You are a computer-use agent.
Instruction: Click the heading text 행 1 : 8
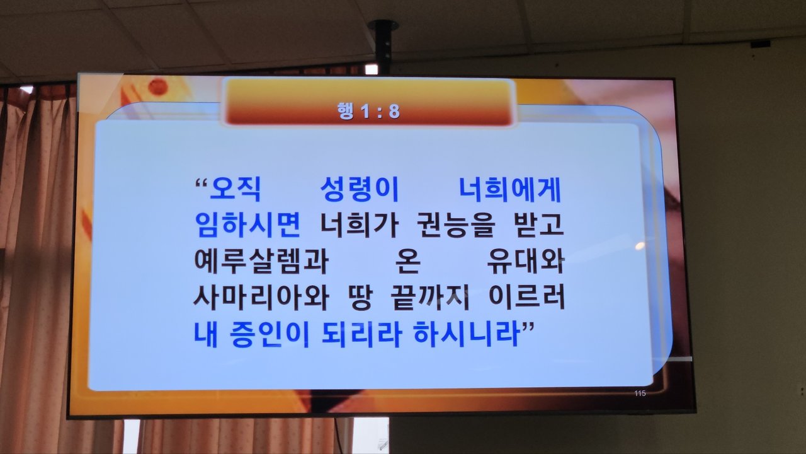pyautogui.click(x=368, y=111)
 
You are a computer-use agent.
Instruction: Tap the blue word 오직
pyautogui.click(x=236, y=190)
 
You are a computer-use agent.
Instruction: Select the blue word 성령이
pyautogui.click(x=360, y=190)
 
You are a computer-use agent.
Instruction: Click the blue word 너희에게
pyautogui.click(x=510, y=190)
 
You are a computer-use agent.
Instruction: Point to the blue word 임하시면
pyautogui.click(x=248, y=225)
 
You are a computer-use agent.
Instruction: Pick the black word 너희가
pyautogui.click(x=359, y=225)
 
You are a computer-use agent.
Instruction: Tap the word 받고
pyautogui.click(x=538, y=225)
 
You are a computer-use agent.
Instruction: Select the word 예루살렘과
pyautogui.click(x=261, y=261)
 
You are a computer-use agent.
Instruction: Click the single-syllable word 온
pyautogui.click(x=407, y=261)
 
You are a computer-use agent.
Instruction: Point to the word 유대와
pyautogui.click(x=525, y=261)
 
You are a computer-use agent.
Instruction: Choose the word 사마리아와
pyautogui.click(x=261, y=298)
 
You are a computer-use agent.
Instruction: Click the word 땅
pyautogui.click(x=360, y=298)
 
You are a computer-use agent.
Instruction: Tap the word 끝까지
pyautogui.click(x=430, y=298)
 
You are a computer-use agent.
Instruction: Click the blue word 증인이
pyautogui.click(x=269, y=334)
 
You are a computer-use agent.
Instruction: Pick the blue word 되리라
pyautogui.click(x=361, y=334)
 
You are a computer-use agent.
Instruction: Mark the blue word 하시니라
pyautogui.click(x=467, y=334)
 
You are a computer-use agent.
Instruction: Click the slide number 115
pyautogui.click(x=640, y=393)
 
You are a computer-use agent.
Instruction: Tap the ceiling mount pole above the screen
pyautogui.click(x=383, y=47)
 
